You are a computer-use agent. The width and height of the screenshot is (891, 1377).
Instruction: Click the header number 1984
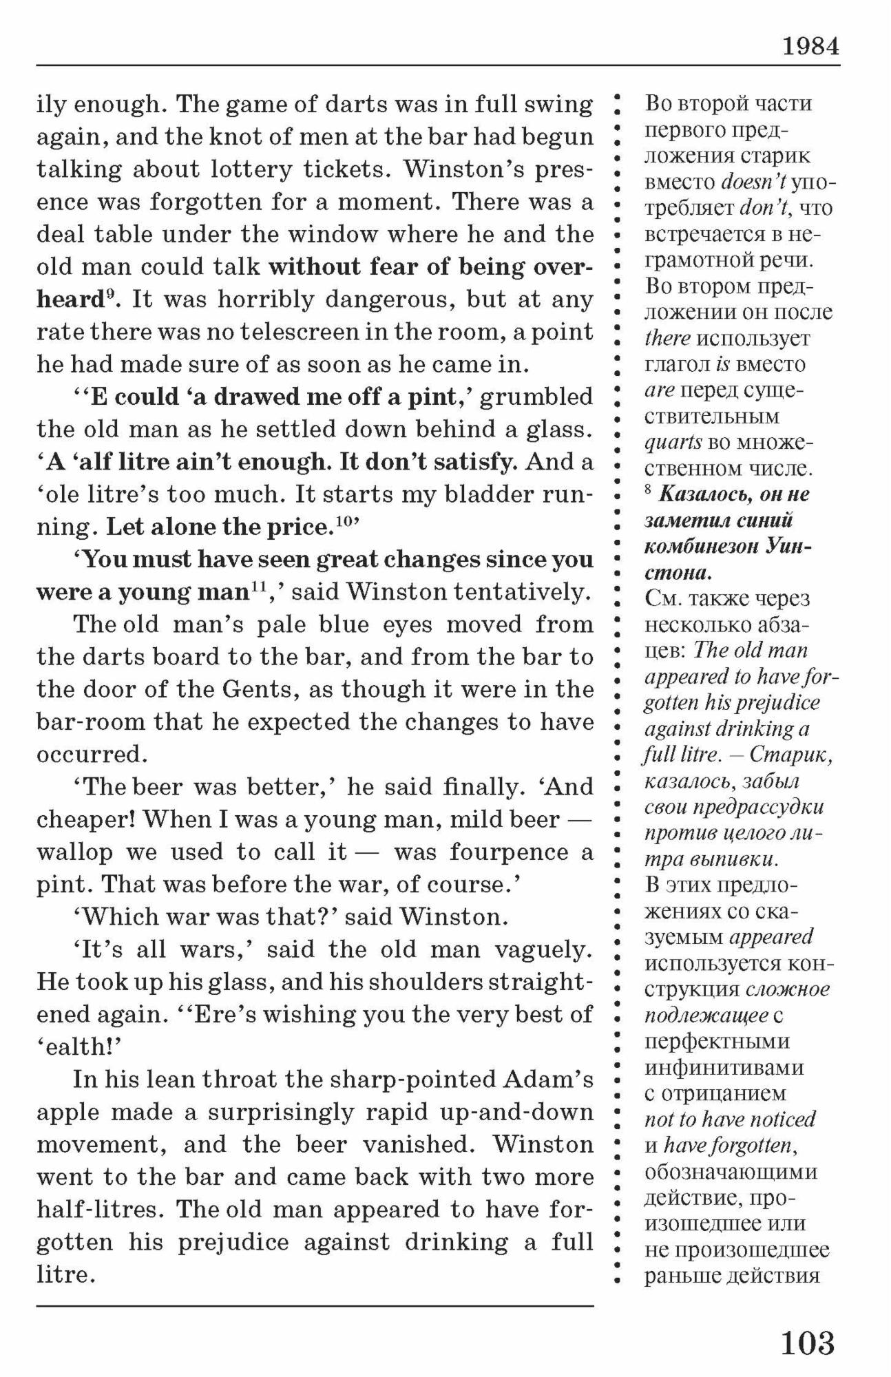tap(810, 46)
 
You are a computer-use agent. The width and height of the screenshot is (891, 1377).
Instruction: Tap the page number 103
tap(807, 1342)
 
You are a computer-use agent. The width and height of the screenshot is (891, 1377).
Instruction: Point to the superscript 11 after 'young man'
tap(258, 586)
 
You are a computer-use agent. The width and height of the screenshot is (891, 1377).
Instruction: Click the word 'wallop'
tap(74, 852)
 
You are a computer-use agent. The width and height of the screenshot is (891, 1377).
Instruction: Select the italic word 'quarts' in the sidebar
tap(673, 443)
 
